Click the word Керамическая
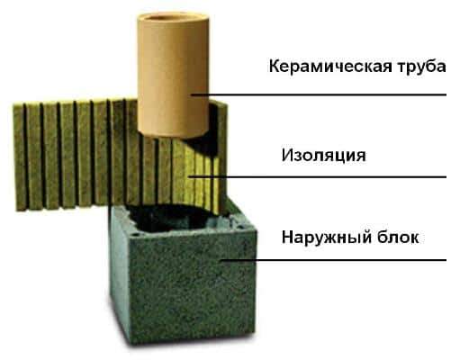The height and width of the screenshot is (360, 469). [x=330, y=67]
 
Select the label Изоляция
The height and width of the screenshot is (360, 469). [x=323, y=156]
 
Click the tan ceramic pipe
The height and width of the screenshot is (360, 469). [x=173, y=75]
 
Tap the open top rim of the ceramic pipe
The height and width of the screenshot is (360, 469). [x=173, y=19]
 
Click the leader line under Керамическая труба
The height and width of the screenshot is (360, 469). [x=319, y=94]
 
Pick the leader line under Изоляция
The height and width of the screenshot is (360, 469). [x=318, y=177]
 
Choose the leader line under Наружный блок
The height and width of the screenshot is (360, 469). [x=333, y=260]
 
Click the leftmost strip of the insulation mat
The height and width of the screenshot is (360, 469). [x=20, y=157]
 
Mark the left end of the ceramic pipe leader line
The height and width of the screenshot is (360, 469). [x=192, y=94]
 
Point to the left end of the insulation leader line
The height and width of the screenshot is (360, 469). [x=190, y=177]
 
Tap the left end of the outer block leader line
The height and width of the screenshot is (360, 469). [x=221, y=260]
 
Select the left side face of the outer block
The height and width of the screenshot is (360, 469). [x=121, y=270]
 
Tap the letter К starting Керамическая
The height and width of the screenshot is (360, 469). [x=275, y=67]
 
